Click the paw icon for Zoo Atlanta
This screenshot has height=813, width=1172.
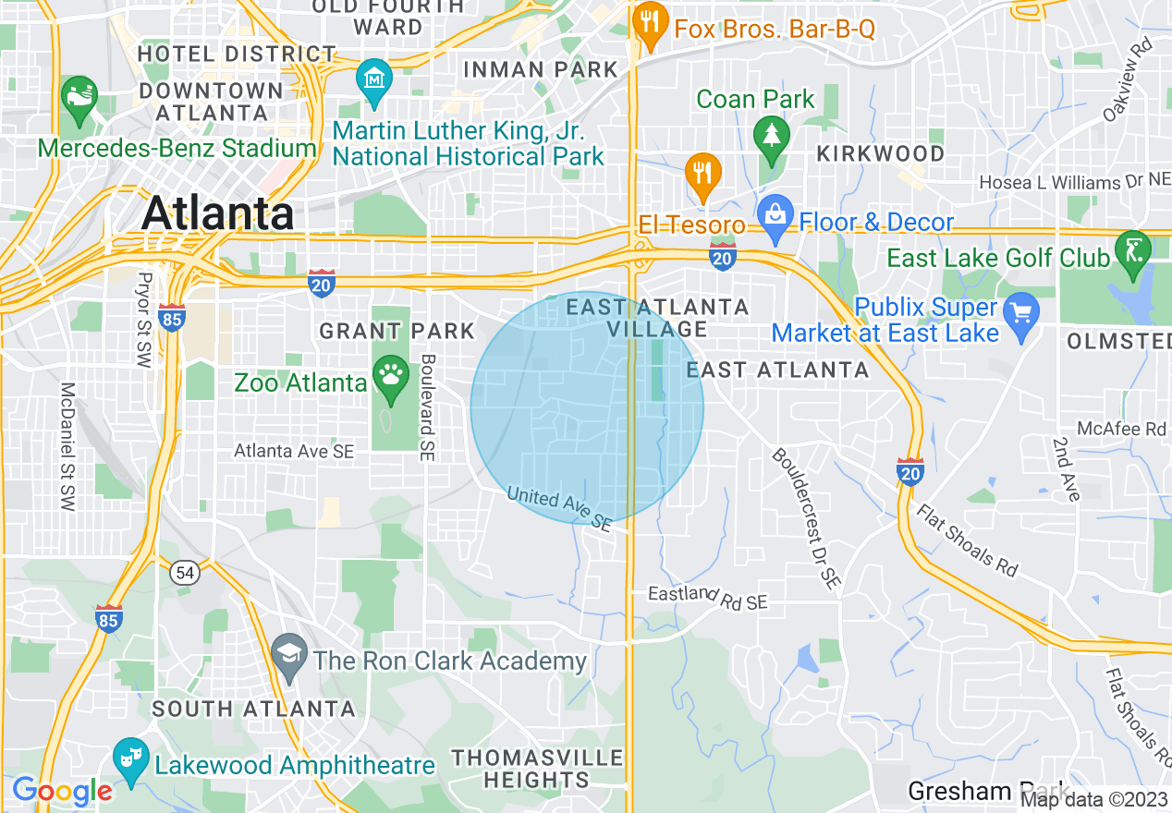[391, 377]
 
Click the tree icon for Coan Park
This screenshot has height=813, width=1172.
[769, 135]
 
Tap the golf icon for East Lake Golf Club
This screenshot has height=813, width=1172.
[1133, 249]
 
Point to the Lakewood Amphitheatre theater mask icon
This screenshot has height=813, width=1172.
[130, 758]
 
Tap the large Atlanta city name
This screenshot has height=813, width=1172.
[218, 213]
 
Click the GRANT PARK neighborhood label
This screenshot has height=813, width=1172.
[397, 331]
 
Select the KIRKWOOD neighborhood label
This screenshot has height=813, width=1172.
[880, 153]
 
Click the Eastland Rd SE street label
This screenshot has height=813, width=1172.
[708, 598]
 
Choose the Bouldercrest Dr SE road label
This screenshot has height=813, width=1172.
[804, 517]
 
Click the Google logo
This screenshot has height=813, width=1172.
[62, 792]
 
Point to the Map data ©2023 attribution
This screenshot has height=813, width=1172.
[1094, 799]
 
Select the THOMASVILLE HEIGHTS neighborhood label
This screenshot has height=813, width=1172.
[537, 769]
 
